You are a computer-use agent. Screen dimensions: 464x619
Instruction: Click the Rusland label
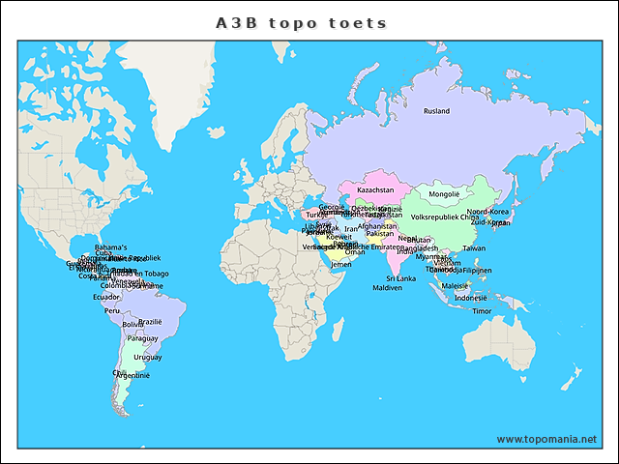(436, 111)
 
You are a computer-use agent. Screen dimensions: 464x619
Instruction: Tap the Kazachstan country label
(375, 190)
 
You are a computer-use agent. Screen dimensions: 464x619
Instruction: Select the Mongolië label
(444, 194)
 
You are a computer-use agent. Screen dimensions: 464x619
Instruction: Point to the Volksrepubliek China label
(445, 217)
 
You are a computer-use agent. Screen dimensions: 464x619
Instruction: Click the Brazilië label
(150, 322)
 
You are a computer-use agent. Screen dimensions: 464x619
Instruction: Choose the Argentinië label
(133, 375)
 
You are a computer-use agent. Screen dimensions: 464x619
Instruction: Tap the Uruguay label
(148, 358)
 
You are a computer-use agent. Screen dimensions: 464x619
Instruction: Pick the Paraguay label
(142, 339)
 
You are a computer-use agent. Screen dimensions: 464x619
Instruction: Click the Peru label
(112, 311)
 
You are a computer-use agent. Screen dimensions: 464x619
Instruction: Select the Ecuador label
(106, 297)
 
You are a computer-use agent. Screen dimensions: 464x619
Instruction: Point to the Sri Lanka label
(400, 278)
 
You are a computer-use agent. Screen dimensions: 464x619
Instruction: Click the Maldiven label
(387, 288)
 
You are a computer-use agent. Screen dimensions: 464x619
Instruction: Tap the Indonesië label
(470, 298)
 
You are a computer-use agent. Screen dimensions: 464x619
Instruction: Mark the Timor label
(482, 311)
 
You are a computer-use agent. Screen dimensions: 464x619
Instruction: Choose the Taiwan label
(474, 248)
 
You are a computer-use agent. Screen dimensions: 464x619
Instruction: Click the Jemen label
(341, 264)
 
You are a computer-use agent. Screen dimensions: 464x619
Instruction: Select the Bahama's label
(110, 247)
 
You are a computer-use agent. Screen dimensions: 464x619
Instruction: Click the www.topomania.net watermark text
(546, 439)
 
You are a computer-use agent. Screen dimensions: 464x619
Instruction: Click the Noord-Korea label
(487, 212)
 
